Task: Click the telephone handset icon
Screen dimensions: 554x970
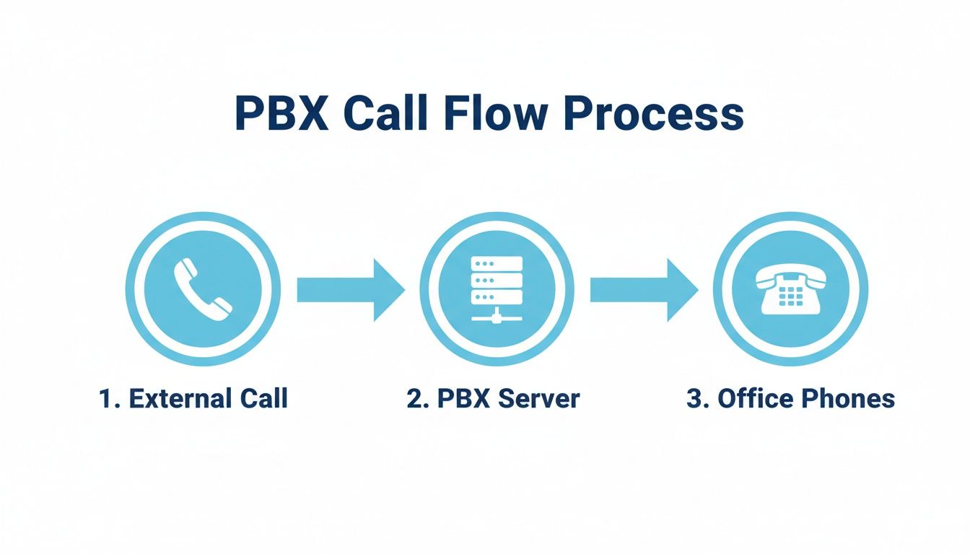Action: (x=203, y=289)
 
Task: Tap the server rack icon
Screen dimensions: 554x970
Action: (x=497, y=289)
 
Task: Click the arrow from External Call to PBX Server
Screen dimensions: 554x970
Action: (x=351, y=289)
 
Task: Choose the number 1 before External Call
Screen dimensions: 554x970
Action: (x=105, y=398)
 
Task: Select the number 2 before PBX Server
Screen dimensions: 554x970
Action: (x=414, y=398)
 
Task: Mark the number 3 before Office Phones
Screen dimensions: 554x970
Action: (x=693, y=398)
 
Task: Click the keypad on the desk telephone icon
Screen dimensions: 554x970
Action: (x=791, y=296)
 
